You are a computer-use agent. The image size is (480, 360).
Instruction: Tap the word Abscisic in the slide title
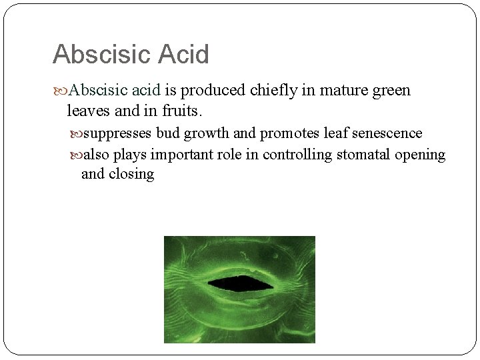click(101, 55)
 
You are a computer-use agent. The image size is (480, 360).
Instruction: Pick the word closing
click(131, 175)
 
